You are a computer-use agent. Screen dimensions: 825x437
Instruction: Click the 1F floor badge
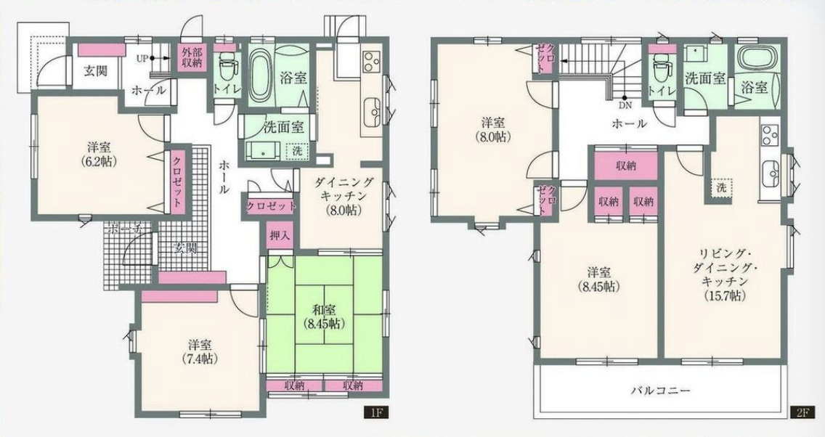(377, 412)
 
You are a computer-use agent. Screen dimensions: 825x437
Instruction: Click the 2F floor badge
(801, 412)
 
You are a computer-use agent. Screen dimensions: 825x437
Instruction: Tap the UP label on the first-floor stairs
(142, 58)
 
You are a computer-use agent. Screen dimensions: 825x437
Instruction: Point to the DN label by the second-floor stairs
(625, 105)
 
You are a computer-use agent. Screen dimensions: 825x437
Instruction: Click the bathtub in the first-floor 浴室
(259, 76)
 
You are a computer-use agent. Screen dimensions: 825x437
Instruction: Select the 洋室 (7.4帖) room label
(200, 352)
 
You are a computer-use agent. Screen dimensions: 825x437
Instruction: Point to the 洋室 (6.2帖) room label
(98, 154)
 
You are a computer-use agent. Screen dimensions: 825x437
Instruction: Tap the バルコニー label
(660, 391)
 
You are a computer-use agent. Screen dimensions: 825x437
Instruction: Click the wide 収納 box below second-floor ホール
(625, 166)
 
